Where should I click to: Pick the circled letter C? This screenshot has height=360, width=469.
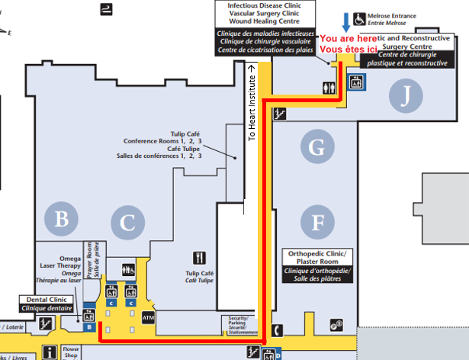(x=127, y=223)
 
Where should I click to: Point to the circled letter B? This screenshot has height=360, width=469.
(x=61, y=220)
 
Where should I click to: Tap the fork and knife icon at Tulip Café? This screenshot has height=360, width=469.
(x=201, y=258)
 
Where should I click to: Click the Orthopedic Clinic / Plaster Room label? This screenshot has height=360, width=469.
(x=318, y=265)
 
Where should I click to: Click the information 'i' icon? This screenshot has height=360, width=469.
(x=50, y=352)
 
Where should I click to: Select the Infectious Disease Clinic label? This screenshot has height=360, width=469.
(x=265, y=27)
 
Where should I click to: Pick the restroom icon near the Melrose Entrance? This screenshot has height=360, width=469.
(x=329, y=87)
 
